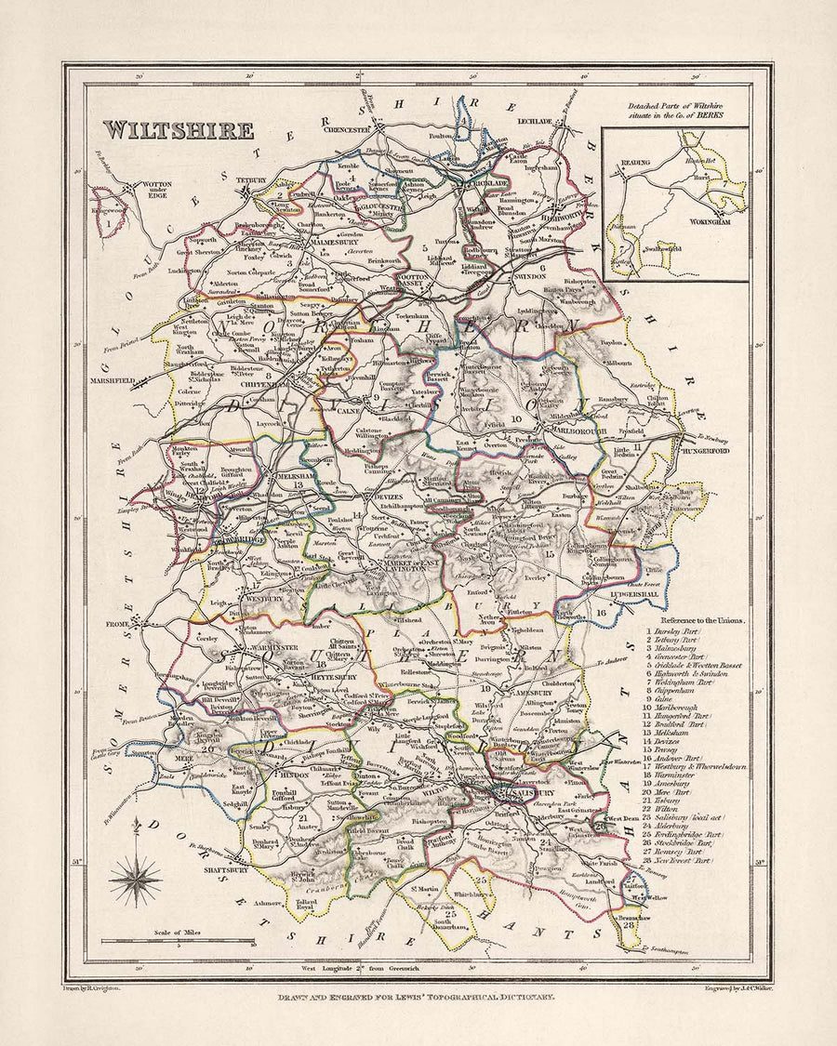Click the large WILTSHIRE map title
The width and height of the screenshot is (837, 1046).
click(178, 129)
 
